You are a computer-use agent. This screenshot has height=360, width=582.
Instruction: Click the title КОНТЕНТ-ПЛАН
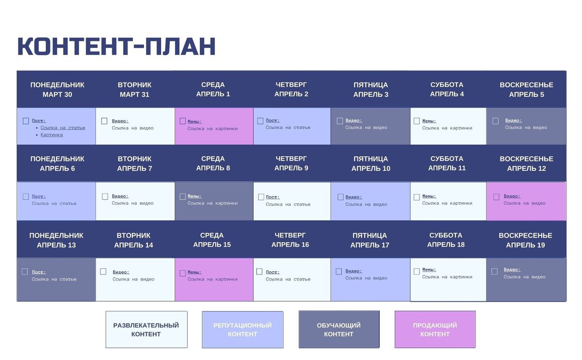pos(116,47)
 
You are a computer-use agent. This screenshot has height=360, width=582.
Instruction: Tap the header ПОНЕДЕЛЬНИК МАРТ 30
pos(57,90)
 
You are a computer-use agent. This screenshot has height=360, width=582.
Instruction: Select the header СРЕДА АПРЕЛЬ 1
pos(213,90)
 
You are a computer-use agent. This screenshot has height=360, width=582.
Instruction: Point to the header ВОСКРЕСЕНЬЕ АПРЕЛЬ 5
pos(526,90)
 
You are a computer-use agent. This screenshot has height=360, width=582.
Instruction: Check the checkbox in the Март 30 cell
pos(26,121)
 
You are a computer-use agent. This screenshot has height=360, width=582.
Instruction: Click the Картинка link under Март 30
pos(51,135)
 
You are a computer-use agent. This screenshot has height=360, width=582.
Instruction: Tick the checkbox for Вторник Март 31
pos(104,121)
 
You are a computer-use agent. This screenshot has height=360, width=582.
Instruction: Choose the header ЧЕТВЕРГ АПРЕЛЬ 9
pos(291,164)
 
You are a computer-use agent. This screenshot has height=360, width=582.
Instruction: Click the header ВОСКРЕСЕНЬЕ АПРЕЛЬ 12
pos(526,164)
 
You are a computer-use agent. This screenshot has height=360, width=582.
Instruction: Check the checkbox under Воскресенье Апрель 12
pos(496,197)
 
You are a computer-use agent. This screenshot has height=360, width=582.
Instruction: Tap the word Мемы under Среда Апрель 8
pos(194,196)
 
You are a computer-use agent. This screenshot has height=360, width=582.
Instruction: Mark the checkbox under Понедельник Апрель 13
pos(25,272)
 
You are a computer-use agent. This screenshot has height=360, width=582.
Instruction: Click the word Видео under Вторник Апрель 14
pos(121,272)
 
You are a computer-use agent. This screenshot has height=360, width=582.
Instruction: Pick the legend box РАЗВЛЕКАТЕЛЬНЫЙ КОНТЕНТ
pos(146,329)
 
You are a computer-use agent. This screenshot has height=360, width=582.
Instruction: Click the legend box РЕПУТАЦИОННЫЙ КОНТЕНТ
pos(242,329)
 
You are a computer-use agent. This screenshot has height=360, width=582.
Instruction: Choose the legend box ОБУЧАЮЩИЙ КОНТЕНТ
pos(339,329)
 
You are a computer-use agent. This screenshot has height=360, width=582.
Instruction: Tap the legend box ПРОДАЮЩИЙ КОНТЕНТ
pos(435,329)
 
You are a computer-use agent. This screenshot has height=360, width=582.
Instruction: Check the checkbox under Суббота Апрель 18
pos(417,272)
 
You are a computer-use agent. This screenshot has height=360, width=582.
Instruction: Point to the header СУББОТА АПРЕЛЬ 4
pos(447,90)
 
